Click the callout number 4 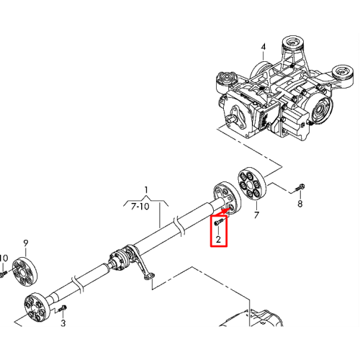(x=264, y=47)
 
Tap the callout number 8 (x=300, y=204)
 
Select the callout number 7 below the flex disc (x=257, y=215)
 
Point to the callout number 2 (x=218, y=239)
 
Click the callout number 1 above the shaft (x=146, y=190)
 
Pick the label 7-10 (x=140, y=207)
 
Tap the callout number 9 (x=26, y=243)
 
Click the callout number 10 (x=4, y=258)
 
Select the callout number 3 (x=63, y=323)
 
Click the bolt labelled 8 (x=300, y=187)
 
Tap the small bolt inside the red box (x=218, y=222)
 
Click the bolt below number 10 (x=4, y=274)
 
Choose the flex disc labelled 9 (x=24, y=272)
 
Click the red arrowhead (x=225, y=211)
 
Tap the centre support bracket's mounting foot (x=149, y=276)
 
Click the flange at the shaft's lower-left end (x=37, y=308)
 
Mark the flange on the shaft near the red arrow (x=227, y=198)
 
